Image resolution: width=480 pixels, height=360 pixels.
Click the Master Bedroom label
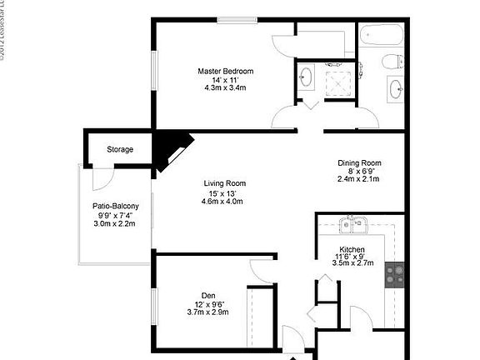click(x=225, y=72)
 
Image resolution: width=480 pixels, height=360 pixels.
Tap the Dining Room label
click(x=359, y=162)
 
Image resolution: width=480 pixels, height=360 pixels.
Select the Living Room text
click(x=224, y=183)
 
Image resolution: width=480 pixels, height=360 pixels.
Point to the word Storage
click(x=120, y=150)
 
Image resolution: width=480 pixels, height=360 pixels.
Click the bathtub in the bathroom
click(x=380, y=36)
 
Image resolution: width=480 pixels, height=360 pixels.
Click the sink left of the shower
click(x=306, y=78)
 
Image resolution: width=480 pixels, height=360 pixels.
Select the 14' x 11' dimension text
click(x=224, y=81)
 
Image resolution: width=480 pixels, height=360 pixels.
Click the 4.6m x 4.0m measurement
click(x=224, y=202)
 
